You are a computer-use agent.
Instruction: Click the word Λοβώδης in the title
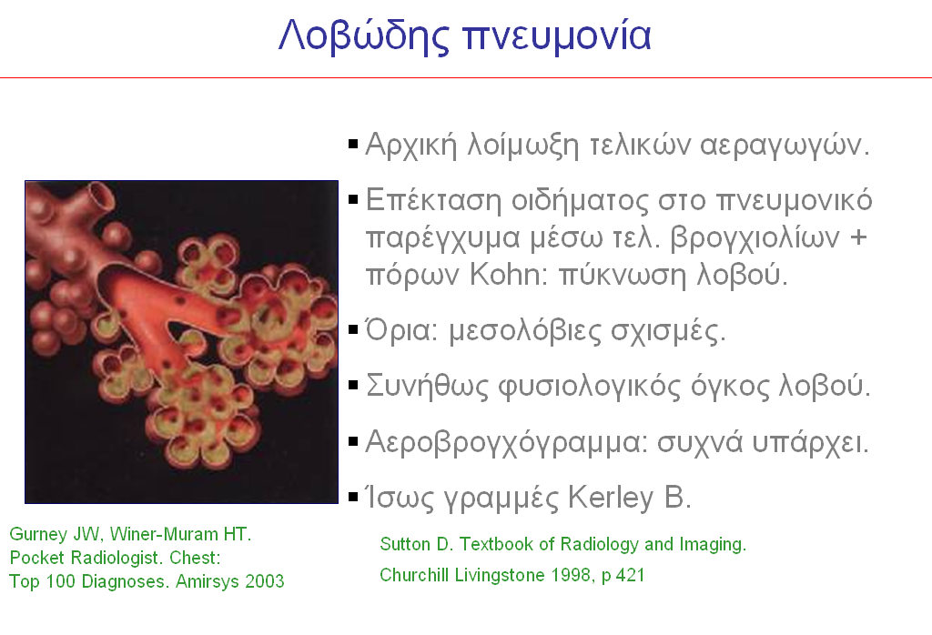364,35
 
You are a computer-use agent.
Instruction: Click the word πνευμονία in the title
557,35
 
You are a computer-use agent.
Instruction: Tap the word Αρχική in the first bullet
411,145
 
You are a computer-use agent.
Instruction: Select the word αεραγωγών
785,146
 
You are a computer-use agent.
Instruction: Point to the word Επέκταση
433,199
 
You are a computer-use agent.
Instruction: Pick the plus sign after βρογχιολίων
858,237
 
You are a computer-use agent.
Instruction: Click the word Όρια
401,329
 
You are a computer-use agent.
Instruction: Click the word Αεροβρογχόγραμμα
507,442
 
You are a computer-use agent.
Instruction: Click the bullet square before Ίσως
353,497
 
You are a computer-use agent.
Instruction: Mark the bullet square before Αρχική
353,144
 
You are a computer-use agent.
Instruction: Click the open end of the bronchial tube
101,197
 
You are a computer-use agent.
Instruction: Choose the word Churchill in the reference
414,575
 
